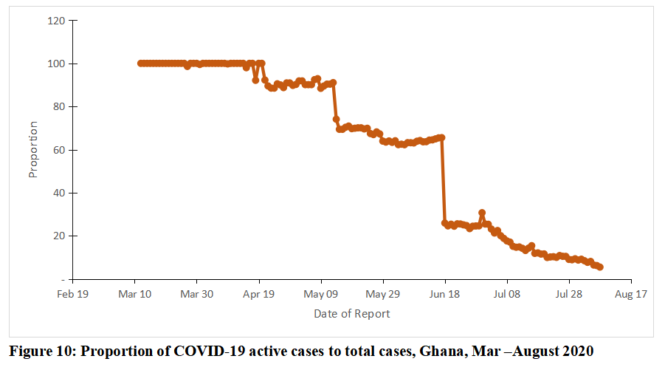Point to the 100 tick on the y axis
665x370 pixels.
tap(55, 64)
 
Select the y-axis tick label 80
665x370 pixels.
tap(58, 106)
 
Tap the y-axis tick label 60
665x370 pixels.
tap(58, 150)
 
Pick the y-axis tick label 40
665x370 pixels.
tap(58, 193)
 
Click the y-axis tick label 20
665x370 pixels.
tap(58, 236)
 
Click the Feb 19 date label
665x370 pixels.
tap(72, 294)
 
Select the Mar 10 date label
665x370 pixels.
tap(134, 294)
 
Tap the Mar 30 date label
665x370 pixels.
tap(197, 294)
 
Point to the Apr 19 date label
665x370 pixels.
tap(259, 294)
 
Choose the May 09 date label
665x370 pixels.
tap(321, 294)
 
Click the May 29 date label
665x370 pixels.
tap(383, 294)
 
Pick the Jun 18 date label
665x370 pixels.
tap(445, 294)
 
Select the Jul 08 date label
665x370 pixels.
tap(507, 294)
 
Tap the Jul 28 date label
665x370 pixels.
tap(569, 294)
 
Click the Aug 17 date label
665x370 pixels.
tap(631, 294)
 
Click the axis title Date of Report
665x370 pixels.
tap(352, 314)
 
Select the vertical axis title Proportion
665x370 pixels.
tap(32, 149)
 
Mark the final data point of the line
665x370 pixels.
tap(600, 267)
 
